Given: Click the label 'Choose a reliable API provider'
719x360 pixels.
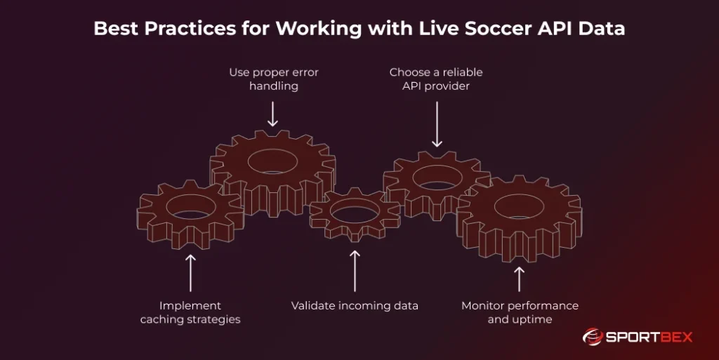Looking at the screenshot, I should (436, 79).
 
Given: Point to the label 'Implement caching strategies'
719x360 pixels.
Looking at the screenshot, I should (190, 312).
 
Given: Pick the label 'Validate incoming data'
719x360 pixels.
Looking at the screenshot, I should (355, 305).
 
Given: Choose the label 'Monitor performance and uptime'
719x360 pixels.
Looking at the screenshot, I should (520, 312).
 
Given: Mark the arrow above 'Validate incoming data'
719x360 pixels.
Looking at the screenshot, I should (355, 270).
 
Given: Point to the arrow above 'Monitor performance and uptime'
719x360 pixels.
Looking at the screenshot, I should (520, 278).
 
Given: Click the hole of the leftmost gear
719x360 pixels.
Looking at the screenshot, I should (191, 206).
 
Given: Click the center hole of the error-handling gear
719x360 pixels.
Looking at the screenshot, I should (272, 161).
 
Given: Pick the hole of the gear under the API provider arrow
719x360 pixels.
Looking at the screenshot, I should (437, 178).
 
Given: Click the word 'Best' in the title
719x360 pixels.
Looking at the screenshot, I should (117, 29).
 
